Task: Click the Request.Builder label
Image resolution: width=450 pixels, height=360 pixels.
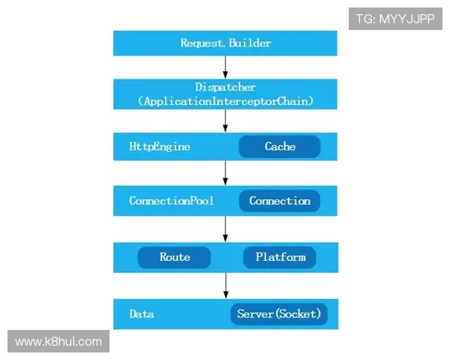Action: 226,43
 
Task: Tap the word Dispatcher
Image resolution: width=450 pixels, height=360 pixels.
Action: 225,87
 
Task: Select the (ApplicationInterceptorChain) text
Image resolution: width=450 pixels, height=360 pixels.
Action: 226,101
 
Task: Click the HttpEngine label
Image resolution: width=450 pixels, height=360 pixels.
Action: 160,146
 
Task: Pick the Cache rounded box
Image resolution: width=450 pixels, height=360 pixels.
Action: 280,146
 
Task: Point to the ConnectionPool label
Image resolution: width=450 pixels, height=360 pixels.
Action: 172,201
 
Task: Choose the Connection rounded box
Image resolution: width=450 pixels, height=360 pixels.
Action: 280,201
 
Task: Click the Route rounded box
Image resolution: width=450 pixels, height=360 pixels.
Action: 174,257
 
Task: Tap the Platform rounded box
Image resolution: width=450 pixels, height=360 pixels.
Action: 280,257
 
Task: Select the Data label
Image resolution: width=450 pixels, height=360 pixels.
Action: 142,313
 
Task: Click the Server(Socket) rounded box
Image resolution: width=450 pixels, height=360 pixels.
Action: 279,313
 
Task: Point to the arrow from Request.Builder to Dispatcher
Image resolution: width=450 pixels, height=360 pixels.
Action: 225,67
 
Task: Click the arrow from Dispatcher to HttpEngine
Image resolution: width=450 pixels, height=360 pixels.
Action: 225,121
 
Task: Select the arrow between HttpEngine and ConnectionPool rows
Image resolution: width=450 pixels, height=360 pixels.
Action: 225,173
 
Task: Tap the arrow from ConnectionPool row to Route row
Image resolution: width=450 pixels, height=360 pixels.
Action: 225,229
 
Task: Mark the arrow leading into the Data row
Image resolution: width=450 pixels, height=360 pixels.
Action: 226,286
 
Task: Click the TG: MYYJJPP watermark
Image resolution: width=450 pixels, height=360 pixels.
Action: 395,19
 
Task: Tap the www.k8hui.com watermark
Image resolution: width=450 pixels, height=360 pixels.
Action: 58,341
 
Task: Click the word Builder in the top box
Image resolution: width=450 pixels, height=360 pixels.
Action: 250,43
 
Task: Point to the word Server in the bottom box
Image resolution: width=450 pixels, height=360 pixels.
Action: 256,313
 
